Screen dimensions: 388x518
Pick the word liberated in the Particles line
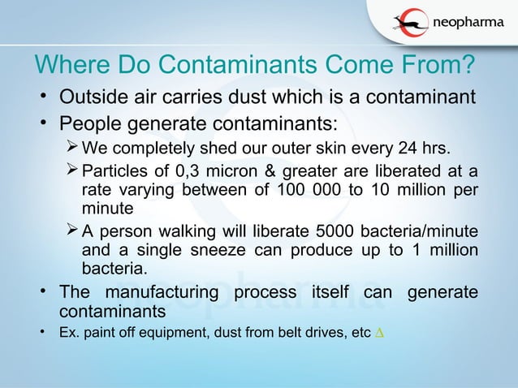point(402,172)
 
